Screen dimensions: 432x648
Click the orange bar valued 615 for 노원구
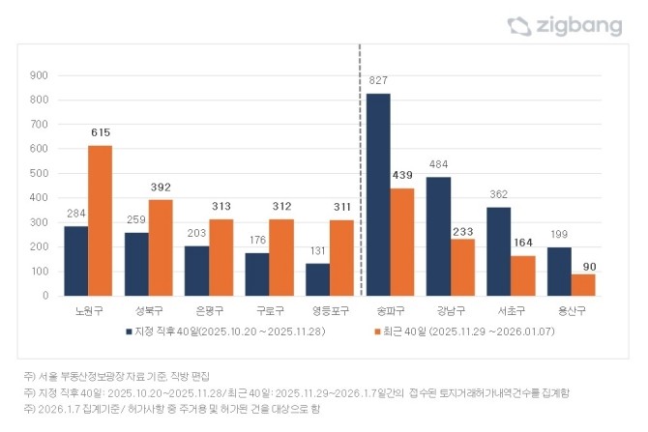pyautogui.click(x=100, y=220)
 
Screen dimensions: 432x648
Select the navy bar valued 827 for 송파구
pyautogui.click(x=378, y=194)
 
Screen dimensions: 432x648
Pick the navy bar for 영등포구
pyautogui.click(x=317, y=278)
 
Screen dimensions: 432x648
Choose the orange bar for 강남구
pyautogui.click(x=462, y=267)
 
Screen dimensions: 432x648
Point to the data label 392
pyautogui.click(x=161, y=187)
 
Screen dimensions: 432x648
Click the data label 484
pyautogui.click(x=438, y=164)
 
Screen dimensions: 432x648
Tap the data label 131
pyautogui.click(x=317, y=251)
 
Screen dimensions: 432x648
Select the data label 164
pyautogui.click(x=522, y=243)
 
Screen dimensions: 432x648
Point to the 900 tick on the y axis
pyautogui.click(x=39, y=75)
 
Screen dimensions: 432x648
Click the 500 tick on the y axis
pyautogui.click(x=39, y=173)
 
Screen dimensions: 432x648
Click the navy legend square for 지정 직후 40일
pyautogui.click(x=129, y=331)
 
